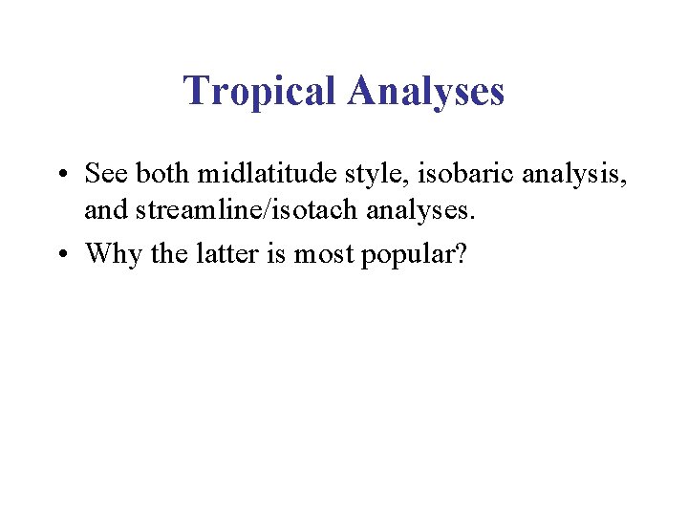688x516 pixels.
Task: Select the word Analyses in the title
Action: pyautogui.click(x=425, y=92)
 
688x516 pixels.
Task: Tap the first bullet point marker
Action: pyautogui.click(x=60, y=175)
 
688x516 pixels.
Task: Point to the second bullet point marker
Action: pyautogui.click(x=60, y=254)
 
